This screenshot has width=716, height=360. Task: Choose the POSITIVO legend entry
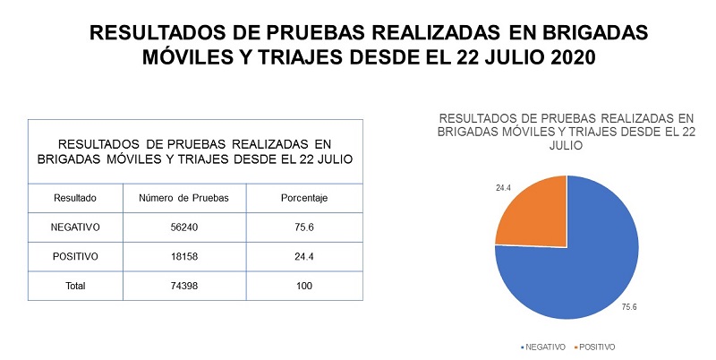(x=597, y=347)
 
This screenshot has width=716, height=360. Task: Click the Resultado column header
(x=74, y=197)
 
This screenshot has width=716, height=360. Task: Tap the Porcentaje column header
(x=304, y=197)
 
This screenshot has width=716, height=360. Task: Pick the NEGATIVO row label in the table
(x=74, y=227)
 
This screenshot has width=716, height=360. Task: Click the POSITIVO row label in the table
(x=74, y=257)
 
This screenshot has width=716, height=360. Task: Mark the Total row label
(x=74, y=286)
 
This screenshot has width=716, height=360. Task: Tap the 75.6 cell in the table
(x=304, y=227)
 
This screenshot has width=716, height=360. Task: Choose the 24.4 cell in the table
(x=304, y=257)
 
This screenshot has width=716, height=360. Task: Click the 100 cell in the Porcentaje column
(x=304, y=286)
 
